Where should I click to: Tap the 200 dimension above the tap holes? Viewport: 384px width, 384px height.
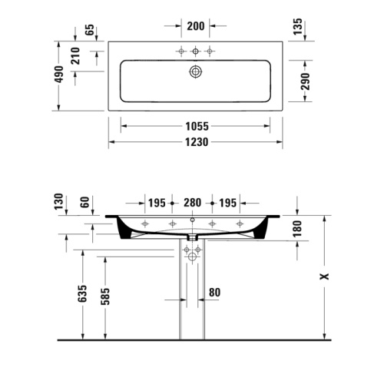[195, 25]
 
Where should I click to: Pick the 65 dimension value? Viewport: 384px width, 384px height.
[89, 31]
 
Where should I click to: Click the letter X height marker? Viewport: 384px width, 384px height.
[325, 274]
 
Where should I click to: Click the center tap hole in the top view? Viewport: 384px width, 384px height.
[195, 51]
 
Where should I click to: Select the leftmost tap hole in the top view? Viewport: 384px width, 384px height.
[181, 51]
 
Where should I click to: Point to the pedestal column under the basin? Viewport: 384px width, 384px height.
[192, 300]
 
